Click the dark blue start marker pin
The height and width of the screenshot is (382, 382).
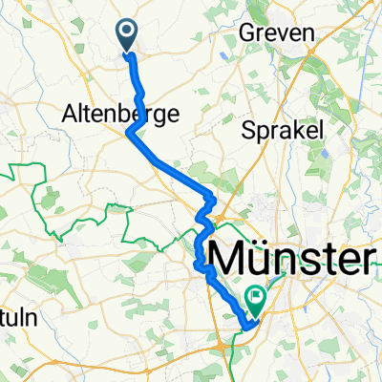[x=127, y=34]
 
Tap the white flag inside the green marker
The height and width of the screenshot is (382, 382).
[x=256, y=298]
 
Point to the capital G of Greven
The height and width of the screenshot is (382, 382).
[x=252, y=32]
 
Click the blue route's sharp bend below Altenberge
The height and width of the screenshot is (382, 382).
[x=128, y=133]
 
